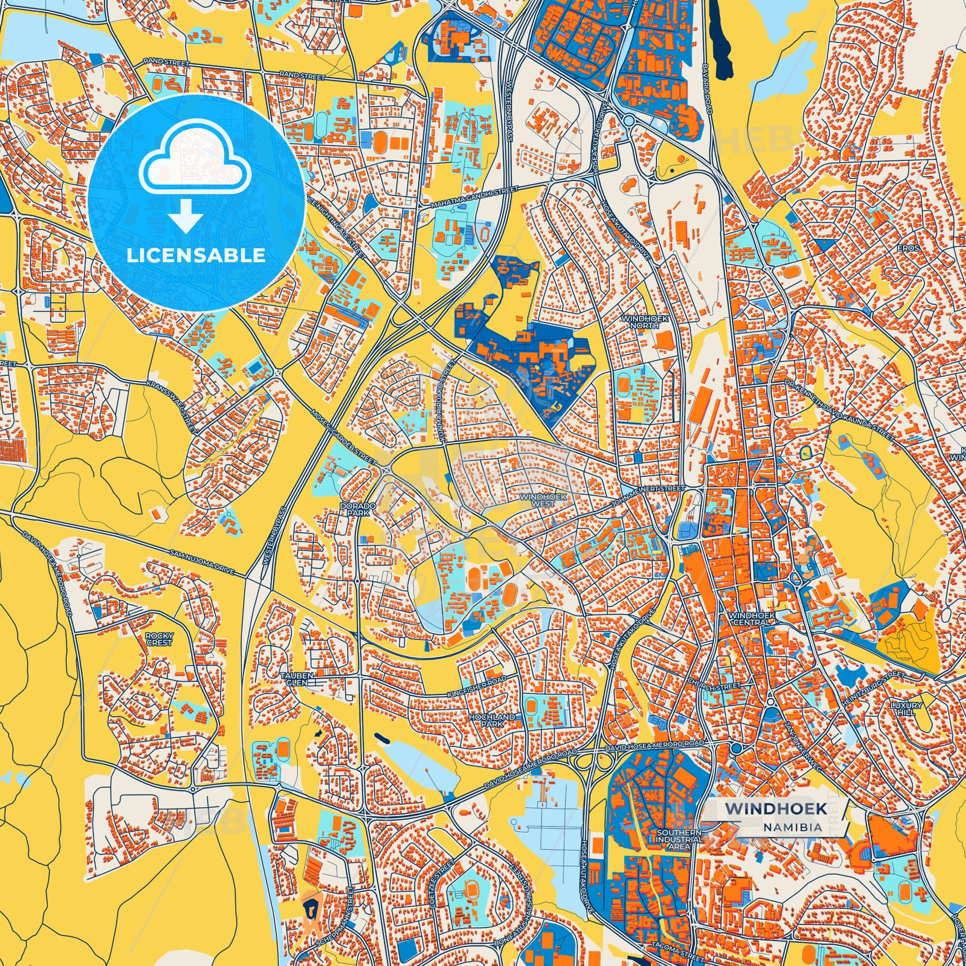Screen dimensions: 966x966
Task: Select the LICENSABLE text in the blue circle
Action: click(x=196, y=256)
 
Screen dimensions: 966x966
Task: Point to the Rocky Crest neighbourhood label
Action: click(x=159, y=638)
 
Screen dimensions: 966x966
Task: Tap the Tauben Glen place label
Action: click(x=296, y=678)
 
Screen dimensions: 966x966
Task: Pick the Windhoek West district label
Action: click(x=537, y=500)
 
